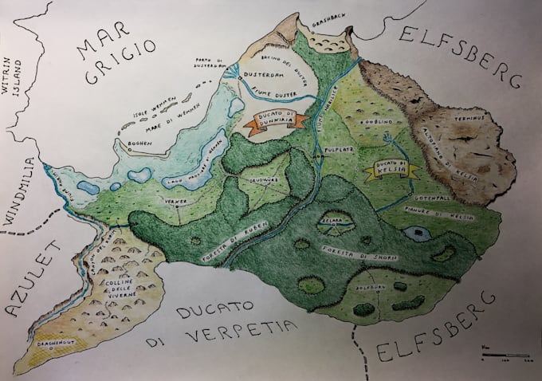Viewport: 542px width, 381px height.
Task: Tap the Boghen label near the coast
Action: (141, 144)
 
